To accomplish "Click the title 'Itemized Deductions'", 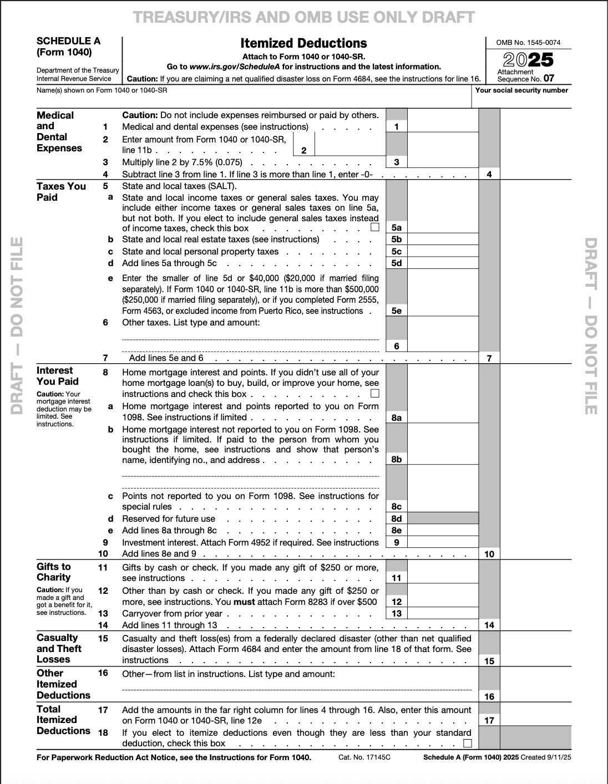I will click(303, 43).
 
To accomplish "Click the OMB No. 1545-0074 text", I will click(528, 42).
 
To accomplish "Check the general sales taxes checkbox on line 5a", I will click(375, 227).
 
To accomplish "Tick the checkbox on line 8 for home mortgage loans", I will click(375, 394).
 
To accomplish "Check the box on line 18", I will click(468, 743).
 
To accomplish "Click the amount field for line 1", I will click(442, 126).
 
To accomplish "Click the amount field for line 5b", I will click(442, 240).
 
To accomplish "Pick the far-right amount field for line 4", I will click(535, 174).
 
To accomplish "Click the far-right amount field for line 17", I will click(535, 720).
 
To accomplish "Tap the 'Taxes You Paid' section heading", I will click(61, 192).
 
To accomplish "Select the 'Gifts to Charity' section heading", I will click(54, 572).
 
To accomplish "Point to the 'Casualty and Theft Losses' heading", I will click(59, 648).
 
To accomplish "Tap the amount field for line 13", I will click(442, 613).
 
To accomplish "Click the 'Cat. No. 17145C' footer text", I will click(364, 757).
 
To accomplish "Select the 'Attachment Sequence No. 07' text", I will click(525, 75).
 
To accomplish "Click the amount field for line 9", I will click(442, 542).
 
